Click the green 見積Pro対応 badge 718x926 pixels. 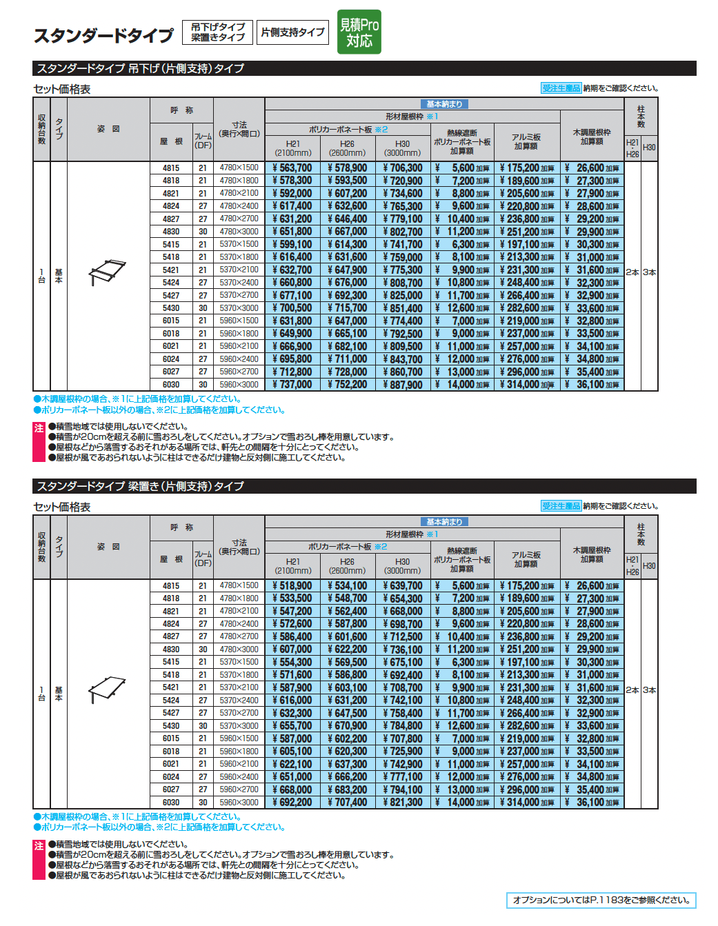[359, 32]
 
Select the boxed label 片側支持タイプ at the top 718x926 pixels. [292, 32]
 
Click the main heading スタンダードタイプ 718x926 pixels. [103, 35]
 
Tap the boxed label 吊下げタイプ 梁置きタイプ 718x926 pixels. [217, 32]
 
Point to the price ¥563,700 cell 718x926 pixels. [292, 168]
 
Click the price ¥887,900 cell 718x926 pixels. [403, 385]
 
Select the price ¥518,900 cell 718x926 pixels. [292, 586]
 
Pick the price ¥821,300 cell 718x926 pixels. [403, 803]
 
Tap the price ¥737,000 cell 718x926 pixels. [292, 385]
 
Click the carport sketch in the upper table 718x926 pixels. [108, 272]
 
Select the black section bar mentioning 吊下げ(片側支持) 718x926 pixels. [364, 68]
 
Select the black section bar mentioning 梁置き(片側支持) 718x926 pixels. [364, 486]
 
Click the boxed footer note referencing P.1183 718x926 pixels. [601, 900]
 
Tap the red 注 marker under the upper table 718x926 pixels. [39, 428]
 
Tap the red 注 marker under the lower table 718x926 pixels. [39, 846]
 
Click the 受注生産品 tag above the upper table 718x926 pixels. [561, 88]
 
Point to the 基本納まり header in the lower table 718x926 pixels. [444, 522]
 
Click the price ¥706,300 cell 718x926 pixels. [403, 168]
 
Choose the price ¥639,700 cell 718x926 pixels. [403, 586]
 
